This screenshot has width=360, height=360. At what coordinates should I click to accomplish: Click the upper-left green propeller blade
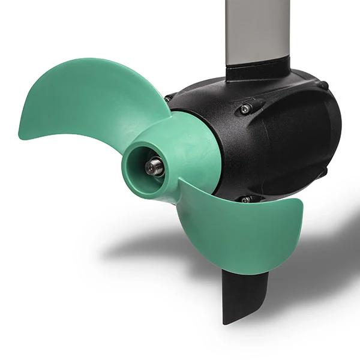pyautogui.click(x=90, y=99)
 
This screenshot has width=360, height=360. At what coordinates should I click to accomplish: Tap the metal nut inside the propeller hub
pyautogui.click(x=154, y=166)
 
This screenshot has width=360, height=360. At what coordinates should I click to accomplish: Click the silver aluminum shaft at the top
pyautogui.click(x=257, y=30)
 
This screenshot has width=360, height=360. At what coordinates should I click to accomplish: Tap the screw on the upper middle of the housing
pyautogui.click(x=245, y=109)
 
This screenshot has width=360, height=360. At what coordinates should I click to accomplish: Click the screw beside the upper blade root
pyautogui.click(x=169, y=98)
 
